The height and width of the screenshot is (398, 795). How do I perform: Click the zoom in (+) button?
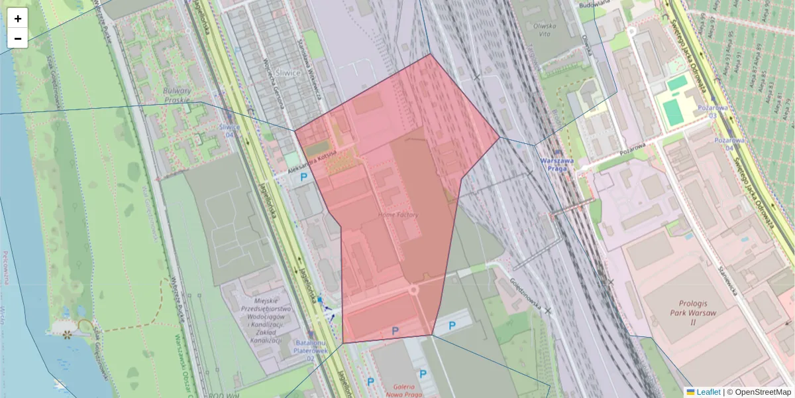[18, 19]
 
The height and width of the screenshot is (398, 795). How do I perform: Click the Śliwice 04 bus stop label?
[229, 130]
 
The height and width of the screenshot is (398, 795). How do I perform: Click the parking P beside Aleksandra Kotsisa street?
[304, 177]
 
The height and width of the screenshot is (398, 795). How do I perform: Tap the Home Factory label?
[398, 215]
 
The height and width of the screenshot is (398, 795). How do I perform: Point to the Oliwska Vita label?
[547, 32]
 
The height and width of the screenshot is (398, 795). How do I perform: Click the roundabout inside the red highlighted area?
[414, 290]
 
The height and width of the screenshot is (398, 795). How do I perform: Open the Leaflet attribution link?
[708, 392]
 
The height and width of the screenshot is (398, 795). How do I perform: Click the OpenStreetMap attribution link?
[763, 392]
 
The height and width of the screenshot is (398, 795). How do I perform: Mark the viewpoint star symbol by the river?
[66, 334]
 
